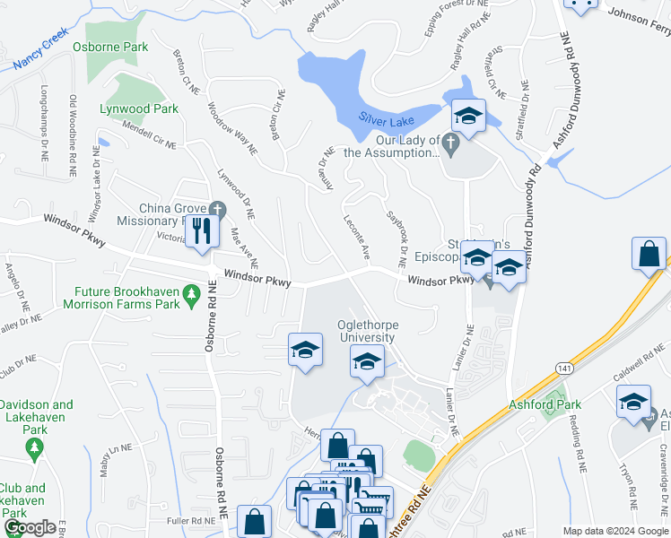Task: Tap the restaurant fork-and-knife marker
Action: tap(202, 232)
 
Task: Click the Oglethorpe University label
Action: tap(365, 331)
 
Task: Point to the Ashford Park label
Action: tap(539, 403)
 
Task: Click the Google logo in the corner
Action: tap(29, 528)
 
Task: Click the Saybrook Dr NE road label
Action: tap(396, 230)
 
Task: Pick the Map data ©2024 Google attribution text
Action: tap(615, 531)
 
